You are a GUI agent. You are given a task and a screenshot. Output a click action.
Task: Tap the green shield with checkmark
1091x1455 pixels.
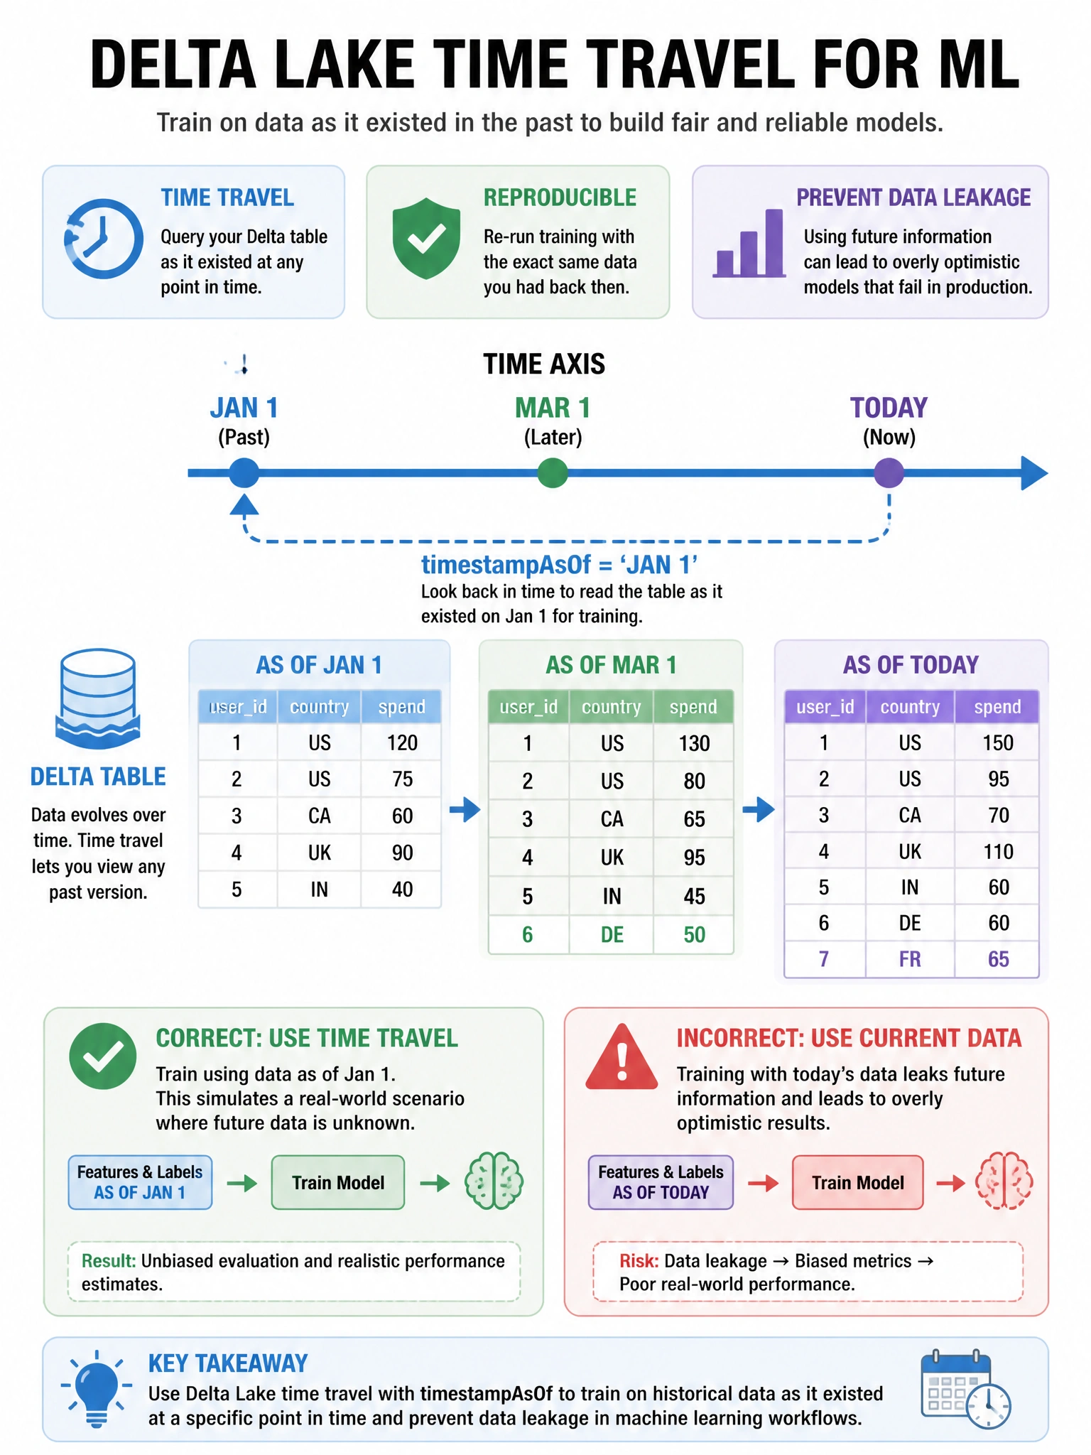426,238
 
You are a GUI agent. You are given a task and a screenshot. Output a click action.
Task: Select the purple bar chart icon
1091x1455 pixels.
749,243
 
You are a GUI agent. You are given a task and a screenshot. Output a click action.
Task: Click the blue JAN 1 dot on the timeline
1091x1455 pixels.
244,472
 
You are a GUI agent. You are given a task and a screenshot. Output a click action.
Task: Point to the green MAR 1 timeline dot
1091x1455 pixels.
553,472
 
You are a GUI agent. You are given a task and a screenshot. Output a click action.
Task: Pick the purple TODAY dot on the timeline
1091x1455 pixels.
889,472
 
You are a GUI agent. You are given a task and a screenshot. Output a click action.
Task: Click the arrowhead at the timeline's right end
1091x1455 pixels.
1034,473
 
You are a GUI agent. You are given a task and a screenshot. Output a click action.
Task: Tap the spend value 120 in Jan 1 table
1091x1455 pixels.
402,742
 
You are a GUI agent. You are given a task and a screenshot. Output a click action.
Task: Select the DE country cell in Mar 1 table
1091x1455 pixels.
612,934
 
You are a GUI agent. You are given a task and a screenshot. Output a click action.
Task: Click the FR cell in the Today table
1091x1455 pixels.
910,959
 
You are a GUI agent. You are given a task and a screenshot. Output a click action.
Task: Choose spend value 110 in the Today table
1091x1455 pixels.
998,851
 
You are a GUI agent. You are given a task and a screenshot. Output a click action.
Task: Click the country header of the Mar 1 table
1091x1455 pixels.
612,707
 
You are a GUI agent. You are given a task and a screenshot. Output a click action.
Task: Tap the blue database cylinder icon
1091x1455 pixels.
98,698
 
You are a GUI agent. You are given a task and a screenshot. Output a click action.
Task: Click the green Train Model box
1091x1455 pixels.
338,1182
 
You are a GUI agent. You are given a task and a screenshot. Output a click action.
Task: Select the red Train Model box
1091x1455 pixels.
858,1182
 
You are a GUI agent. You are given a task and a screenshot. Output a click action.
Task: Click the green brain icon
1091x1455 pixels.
494,1181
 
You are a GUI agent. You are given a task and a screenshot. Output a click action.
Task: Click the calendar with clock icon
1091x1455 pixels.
965,1389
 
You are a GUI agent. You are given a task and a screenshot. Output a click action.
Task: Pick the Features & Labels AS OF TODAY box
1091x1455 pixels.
661,1182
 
